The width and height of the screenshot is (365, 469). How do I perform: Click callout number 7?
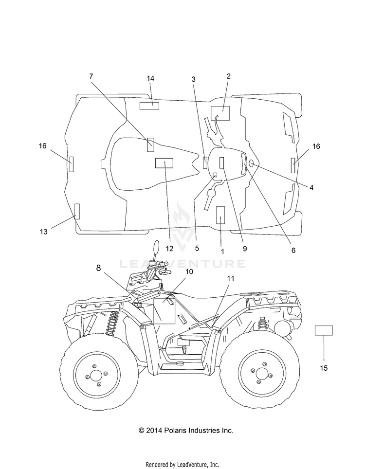pyautogui.click(x=91, y=76)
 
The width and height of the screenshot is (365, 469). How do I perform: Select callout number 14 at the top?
pyautogui.click(x=150, y=78)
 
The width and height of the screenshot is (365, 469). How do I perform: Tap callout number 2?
pyautogui.click(x=229, y=76)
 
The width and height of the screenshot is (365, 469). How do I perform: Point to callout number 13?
pyautogui.click(x=44, y=232)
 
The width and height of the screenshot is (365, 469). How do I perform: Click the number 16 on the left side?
pyautogui.click(x=42, y=145)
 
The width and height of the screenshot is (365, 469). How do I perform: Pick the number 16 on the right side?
pyautogui.click(x=316, y=146)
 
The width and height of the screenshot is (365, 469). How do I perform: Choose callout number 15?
pyautogui.click(x=324, y=368)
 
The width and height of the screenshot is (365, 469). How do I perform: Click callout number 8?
pyautogui.click(x=98, y=268)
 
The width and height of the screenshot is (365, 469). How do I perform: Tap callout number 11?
pyautogui.click(x=231, y=278)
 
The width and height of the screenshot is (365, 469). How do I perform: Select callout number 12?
pyautogui.click(x=169, y=249)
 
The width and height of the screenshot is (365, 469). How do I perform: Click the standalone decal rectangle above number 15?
pyautogui.click(x=324, y=330)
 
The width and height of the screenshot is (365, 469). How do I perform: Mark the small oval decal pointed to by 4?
pyautogui.click(x=251, y=163)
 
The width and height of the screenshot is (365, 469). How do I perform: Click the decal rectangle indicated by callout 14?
pyautogui.click(x=149, y=106)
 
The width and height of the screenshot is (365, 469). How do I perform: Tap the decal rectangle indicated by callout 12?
pyautogui.click(x=164, y=163)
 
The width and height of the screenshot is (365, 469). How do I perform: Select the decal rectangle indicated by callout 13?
pyautogui.click(x=77, y=211)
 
